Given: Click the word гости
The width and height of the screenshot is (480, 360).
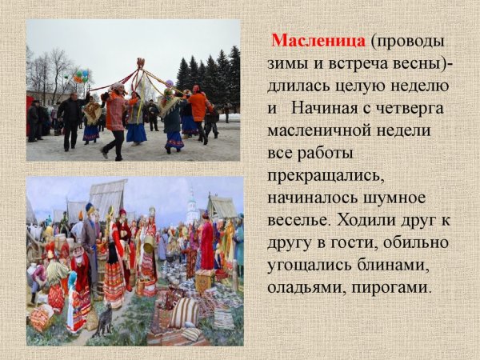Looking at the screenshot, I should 362,242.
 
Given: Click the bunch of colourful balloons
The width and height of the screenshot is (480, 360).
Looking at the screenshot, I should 80,77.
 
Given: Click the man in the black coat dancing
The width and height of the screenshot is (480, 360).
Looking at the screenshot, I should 71,115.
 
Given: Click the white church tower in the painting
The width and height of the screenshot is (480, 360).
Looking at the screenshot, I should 192,206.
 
